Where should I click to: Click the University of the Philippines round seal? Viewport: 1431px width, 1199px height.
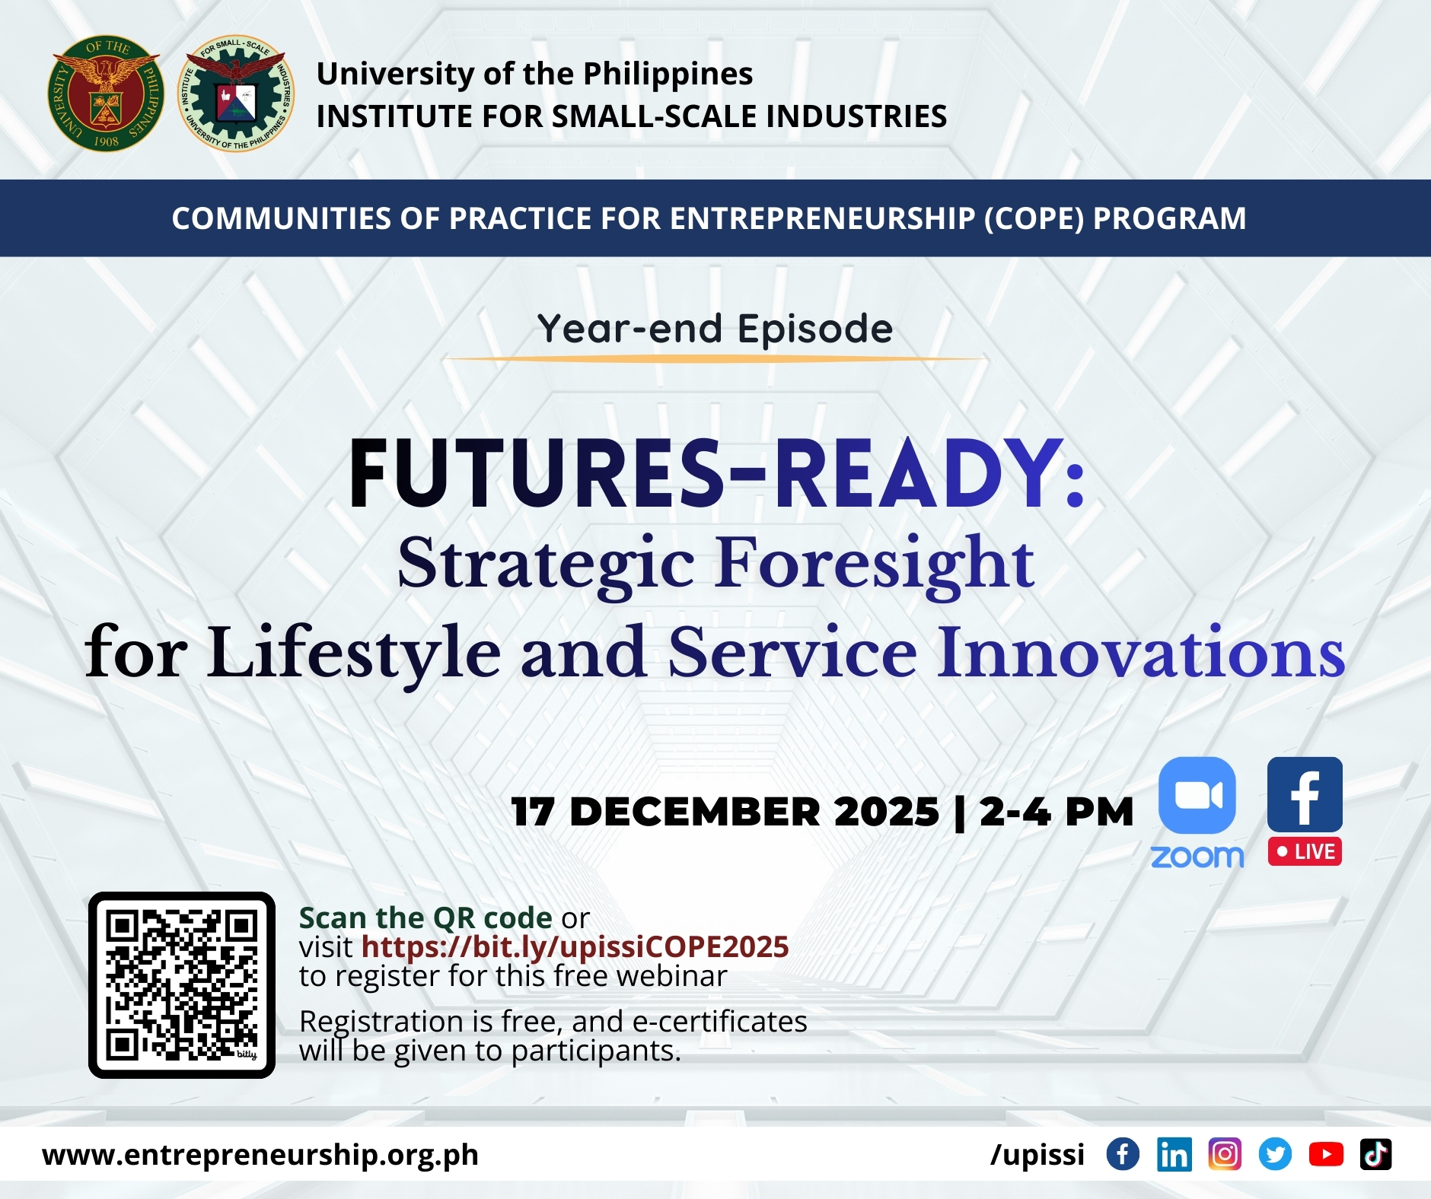(105, 94)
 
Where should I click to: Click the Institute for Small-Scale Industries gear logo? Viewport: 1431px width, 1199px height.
(236, 94)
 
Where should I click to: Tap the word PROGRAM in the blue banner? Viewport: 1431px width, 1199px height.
(1169, 218)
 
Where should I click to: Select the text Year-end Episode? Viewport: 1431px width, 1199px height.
(715, 329)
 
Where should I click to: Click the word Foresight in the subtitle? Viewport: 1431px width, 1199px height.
(875, 563)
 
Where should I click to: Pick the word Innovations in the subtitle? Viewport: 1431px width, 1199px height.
(1140, 652)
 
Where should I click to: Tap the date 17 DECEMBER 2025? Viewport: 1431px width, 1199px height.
(725, 811)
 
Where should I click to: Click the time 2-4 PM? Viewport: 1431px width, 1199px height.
(1057, 811)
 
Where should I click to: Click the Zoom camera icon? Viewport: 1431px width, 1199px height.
(1197, 795)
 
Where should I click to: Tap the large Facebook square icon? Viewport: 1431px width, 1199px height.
(1305, 794)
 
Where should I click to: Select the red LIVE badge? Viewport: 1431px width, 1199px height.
(1305, 851)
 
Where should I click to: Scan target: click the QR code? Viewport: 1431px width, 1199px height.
(182, 984)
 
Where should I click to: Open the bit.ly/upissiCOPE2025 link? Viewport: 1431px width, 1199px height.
(575, 946)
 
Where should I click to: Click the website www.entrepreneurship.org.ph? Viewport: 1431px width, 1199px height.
(260, 1155)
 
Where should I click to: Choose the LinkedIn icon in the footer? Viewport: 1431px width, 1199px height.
(1174, 1154)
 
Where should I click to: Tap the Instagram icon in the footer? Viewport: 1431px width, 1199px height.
(1224, 1154)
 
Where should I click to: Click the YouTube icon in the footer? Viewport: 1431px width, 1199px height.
(1326, 1154)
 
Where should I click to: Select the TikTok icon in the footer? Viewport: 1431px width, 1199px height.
(1375, 1154)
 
